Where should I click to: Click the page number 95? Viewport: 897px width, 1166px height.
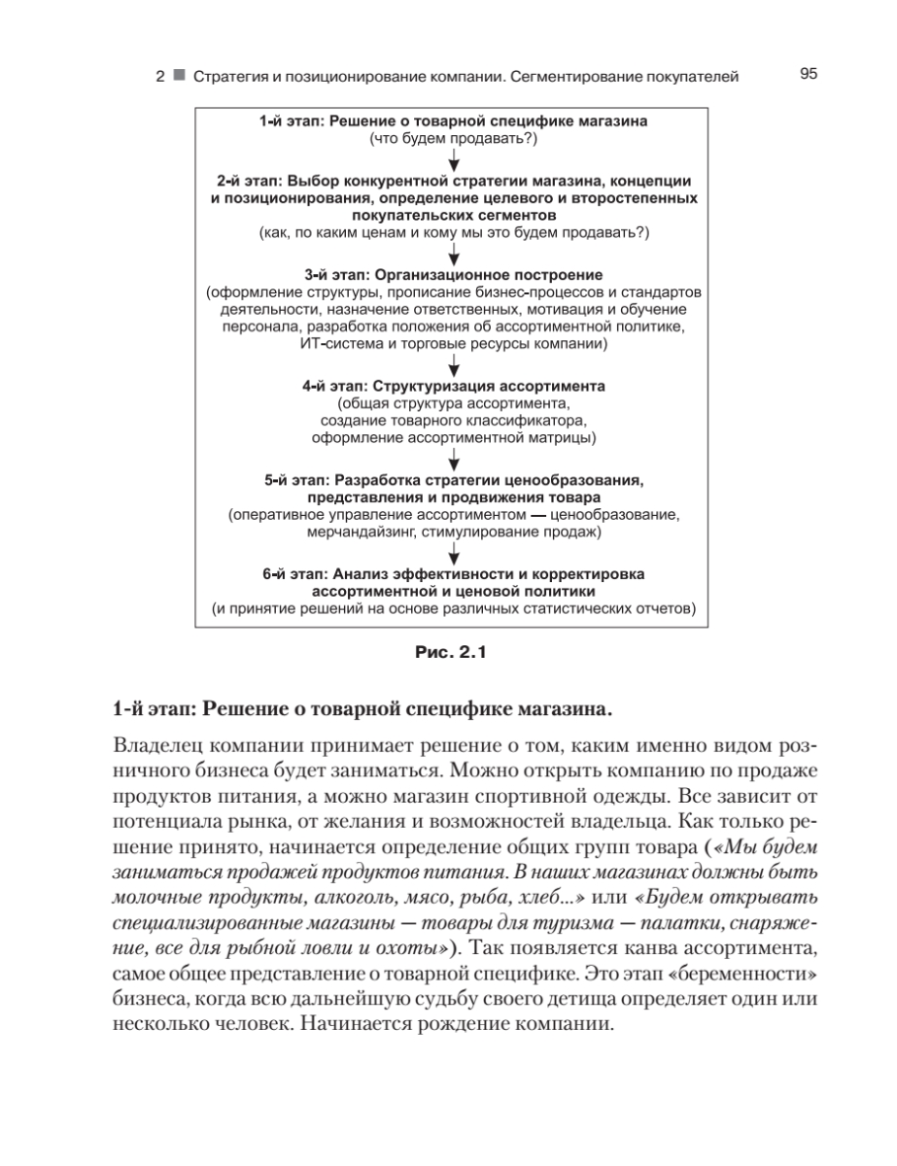click(x=808, y=73)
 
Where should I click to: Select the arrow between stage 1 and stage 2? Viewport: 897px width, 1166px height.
click(x=454, y=159)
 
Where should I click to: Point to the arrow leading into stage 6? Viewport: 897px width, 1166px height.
click(x=454, y=554)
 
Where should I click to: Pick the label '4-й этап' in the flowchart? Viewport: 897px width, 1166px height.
click(x=331, y=386)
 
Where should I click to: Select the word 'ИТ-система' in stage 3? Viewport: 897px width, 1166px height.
click(x=339, y=344)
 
